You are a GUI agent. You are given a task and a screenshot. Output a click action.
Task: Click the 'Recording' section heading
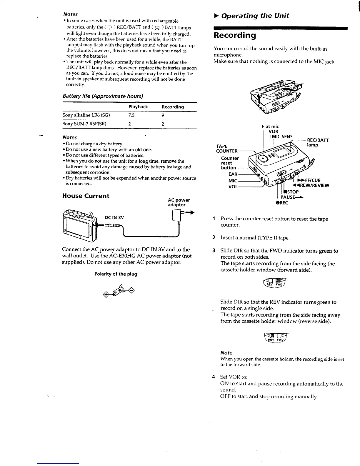(234, 36)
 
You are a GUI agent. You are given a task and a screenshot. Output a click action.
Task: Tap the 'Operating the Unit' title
(255, 16)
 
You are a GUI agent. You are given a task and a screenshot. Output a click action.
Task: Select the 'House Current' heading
(86, 196)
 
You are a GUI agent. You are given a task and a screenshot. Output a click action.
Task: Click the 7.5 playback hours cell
(131, 115)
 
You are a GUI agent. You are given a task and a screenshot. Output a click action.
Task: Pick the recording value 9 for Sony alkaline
(163, 115)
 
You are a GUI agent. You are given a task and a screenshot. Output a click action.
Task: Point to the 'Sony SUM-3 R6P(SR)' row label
(84, 124)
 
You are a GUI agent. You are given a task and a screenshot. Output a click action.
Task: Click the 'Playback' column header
(138, 107)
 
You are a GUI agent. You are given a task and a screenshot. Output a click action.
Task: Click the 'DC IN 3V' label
(114, 218)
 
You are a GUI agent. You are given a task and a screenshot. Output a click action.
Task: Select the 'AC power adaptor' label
(179, 202)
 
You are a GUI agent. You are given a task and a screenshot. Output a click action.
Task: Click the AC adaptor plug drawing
(178, 218)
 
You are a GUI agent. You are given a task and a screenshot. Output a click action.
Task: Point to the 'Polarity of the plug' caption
(116, 274)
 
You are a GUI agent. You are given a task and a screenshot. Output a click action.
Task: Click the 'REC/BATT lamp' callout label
(318, 143)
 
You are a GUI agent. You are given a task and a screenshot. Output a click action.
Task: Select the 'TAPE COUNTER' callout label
(226, 149)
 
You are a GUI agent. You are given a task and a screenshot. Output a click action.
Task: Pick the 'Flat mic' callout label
(270, 127)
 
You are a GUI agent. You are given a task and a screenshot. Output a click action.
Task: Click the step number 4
(214, 377)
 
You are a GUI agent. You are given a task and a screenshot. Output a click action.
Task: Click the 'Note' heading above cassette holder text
(226, 352)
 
